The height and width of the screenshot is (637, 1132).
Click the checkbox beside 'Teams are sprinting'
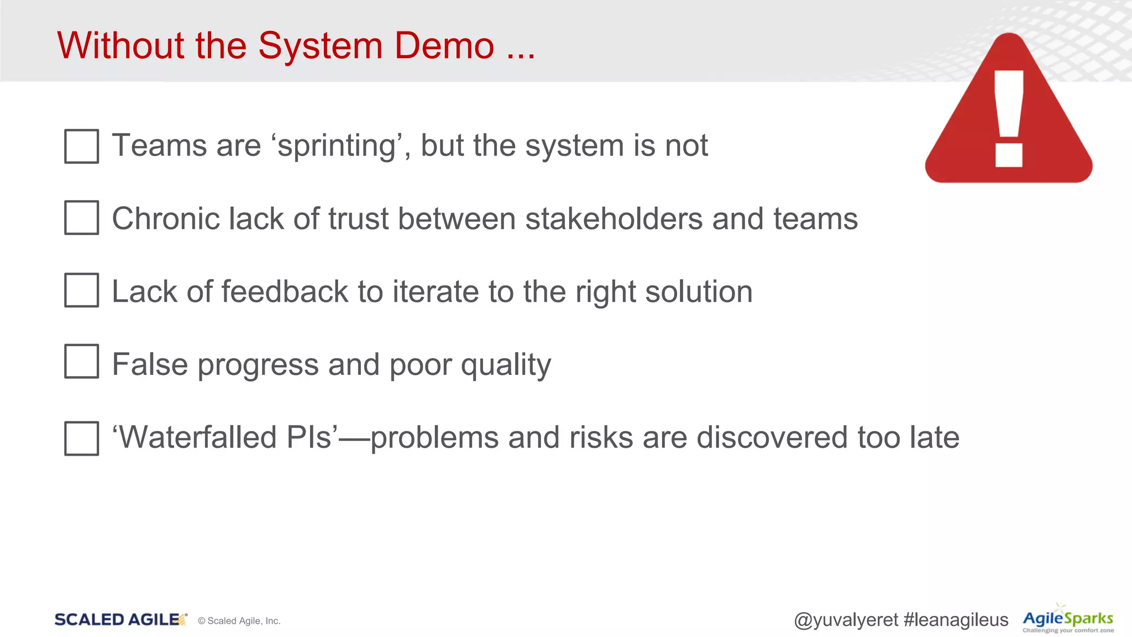(x=82, y=146)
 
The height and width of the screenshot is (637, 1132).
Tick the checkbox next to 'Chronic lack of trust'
(x=82, y=217)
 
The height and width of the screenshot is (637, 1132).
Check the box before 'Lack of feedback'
(x=82, y=290)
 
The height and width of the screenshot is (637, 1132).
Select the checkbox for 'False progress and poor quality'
(x=82, y=361)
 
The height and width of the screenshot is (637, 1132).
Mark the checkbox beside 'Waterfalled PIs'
(x=82, y=438)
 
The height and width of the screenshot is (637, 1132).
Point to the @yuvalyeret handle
(x=846, y=620)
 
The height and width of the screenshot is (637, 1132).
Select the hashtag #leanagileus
(x=956, y=620)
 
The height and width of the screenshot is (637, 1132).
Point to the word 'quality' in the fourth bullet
(x=506, y=365)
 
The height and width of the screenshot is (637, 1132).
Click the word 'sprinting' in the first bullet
(x=337, y=146)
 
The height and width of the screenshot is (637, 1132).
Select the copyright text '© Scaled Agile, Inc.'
(x=239, y=621)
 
